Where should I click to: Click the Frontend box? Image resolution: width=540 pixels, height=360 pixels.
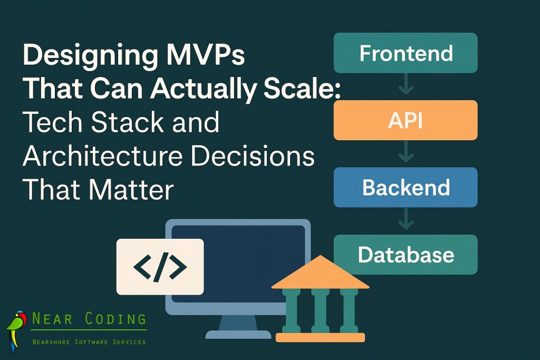(x=406, y=53)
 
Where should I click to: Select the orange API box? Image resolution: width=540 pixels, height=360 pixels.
(x=406, y=120)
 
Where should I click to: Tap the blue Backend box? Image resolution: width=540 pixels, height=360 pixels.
(x=406, y=187)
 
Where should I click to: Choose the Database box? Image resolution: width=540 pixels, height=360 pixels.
(x=406, y=255)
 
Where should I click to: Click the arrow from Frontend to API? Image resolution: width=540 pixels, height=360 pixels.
(x=406, y=86)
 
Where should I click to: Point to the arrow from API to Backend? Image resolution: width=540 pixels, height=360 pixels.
(x=406, y=153)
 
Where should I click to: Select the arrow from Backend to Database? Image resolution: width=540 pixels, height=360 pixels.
(x=406, y=220)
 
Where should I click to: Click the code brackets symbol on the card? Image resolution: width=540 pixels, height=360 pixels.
(x=160, y=266)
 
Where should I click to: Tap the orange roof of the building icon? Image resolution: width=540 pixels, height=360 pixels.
(x=320, y=274)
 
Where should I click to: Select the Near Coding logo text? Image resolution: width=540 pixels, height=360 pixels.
(x=89, y=319)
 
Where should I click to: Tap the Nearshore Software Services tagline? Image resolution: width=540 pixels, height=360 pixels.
(x=89, y=342)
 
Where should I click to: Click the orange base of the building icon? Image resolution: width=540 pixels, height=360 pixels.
(x=320, y=337)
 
